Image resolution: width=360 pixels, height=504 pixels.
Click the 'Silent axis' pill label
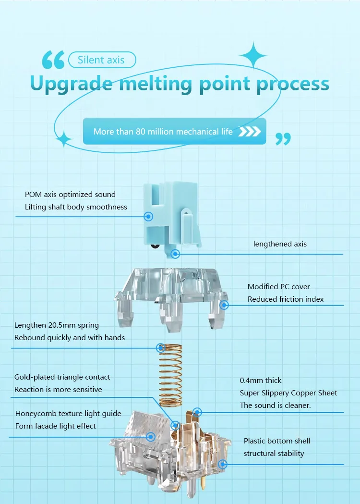[x=102, y=60]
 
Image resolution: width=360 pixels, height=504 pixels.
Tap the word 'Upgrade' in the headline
[x=72, y=84]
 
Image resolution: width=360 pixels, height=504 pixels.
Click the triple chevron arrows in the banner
[x=250, y=132]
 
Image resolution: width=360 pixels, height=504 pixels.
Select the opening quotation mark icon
[x=53, y=60]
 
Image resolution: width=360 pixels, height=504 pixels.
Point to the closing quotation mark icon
[x=283, y=139]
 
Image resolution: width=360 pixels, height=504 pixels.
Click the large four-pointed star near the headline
[x=253, y=55]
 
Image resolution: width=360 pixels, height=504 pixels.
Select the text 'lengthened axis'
[x=280, y=244]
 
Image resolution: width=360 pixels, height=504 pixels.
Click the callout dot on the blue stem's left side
[x=148, y=216]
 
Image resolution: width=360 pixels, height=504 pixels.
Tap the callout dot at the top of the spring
[x=161, y=348]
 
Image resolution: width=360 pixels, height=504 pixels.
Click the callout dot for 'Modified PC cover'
[x=224, y=305]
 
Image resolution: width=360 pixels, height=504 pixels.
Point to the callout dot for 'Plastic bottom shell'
[x=223, y=464]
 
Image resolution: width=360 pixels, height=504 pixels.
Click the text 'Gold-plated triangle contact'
[x=62, y=377]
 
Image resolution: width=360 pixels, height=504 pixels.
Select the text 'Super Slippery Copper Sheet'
[x=288, y=393]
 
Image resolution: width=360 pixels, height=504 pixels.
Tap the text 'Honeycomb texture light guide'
[x=69, y=414]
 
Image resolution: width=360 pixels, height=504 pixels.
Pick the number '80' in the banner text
[x=141, y=132]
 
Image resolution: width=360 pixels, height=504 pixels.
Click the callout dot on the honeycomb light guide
[x=151, y=437]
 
